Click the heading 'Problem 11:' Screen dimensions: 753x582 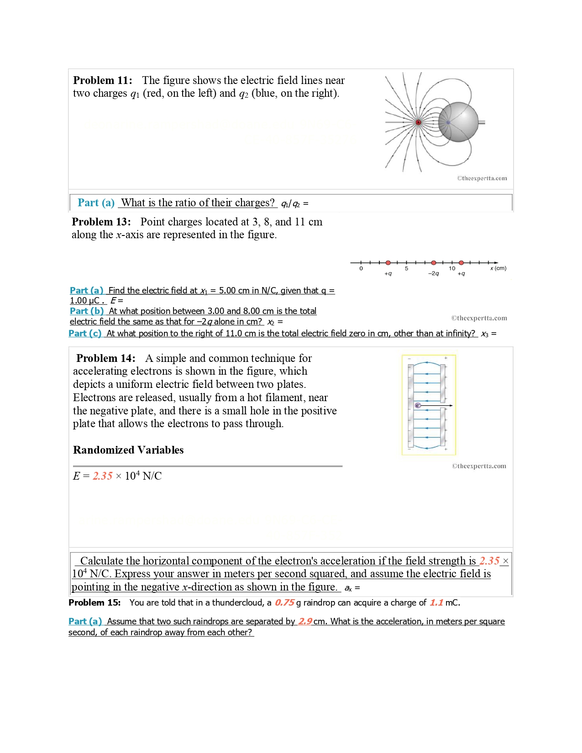point(103,80)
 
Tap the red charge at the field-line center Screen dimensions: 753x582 point(418,122)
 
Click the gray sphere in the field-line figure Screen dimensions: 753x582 point(458,122)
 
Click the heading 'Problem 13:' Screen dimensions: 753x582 point(101,222)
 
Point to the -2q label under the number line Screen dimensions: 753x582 point(433,274)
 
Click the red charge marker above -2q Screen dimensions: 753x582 point(434,263)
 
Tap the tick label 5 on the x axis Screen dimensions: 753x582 point(406,269)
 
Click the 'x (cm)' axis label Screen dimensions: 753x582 point(498,268)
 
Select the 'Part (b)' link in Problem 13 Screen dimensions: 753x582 point(87,311)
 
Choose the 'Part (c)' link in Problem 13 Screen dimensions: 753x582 point(85,334)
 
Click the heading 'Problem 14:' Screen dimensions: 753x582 point(106,358)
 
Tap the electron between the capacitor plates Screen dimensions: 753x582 point(418,405)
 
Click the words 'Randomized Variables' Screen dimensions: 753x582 point(128,450)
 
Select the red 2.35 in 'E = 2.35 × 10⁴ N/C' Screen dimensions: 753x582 point(103,476)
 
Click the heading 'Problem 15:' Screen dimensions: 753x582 point(94,603)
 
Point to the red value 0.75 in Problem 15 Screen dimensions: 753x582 point(284,603)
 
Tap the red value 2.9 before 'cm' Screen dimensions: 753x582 point(305,622)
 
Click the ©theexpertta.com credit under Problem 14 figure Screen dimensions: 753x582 point(479,466)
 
